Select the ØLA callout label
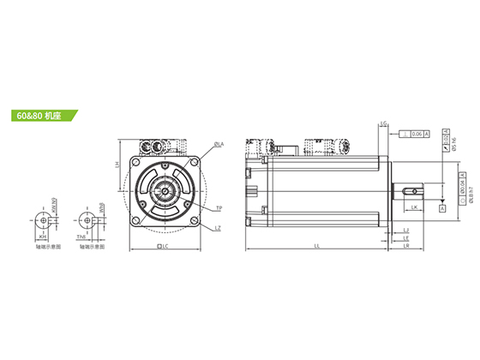pos(219,144)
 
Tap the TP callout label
pos(219,208)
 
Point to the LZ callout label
pos(219,227)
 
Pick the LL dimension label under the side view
pos(317,246)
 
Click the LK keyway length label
pos(414,207)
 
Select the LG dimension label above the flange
pos(383,124)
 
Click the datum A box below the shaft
pos(441,208)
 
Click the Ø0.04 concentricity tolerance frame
pos(462,187)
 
